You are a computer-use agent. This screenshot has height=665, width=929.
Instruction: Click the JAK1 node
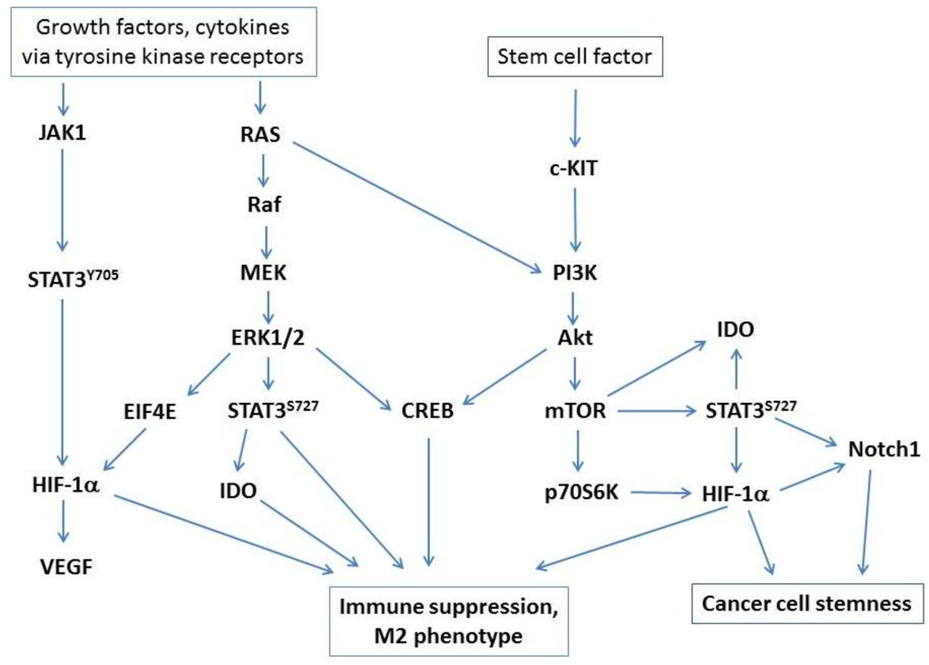(x=62, y=135)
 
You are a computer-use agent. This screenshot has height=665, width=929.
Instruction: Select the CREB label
(x=425, y=413)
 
